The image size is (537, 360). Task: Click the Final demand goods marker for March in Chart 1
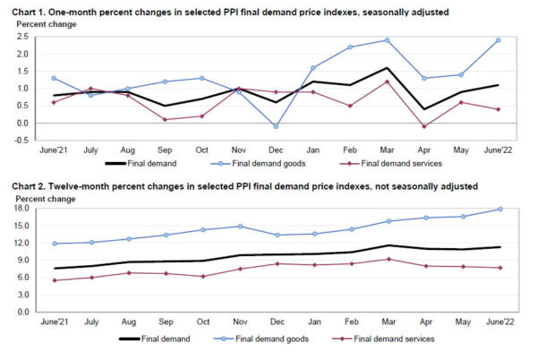(387, 40)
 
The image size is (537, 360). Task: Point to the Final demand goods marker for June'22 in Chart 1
(499, 40)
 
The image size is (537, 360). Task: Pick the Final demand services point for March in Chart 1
(387, 81)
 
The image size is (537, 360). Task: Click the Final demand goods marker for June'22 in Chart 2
(499, 210)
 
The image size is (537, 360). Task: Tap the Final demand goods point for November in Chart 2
(240, 226)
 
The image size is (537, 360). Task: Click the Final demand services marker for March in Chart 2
(387, 260)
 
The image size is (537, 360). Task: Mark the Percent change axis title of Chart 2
(37, 197)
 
